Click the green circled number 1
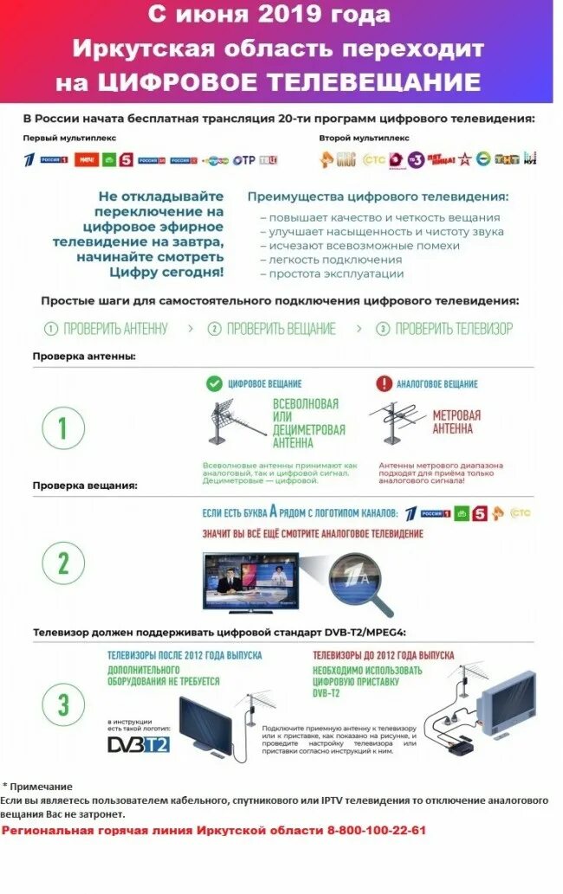tap(63, 428)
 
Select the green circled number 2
tap(63, 563)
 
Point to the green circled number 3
tap(63, 704)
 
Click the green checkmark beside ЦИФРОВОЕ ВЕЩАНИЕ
tap(213, 383)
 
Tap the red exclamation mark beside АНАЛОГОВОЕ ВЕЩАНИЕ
tap(383, 383)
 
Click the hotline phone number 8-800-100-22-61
tap(376, 830)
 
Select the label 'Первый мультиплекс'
tap(69, 138)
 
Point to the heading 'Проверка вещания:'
tap(85, 486)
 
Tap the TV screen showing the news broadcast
tap(250, 581)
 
